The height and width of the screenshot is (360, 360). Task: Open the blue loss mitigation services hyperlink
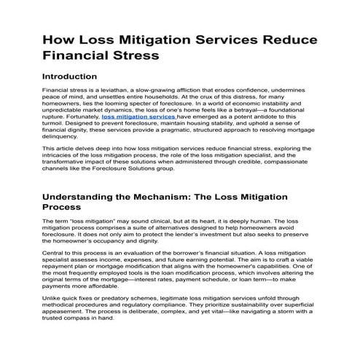pyautogui.click(x=138, y=117)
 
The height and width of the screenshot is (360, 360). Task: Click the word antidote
pyautogui.click(x=282, y=117)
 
